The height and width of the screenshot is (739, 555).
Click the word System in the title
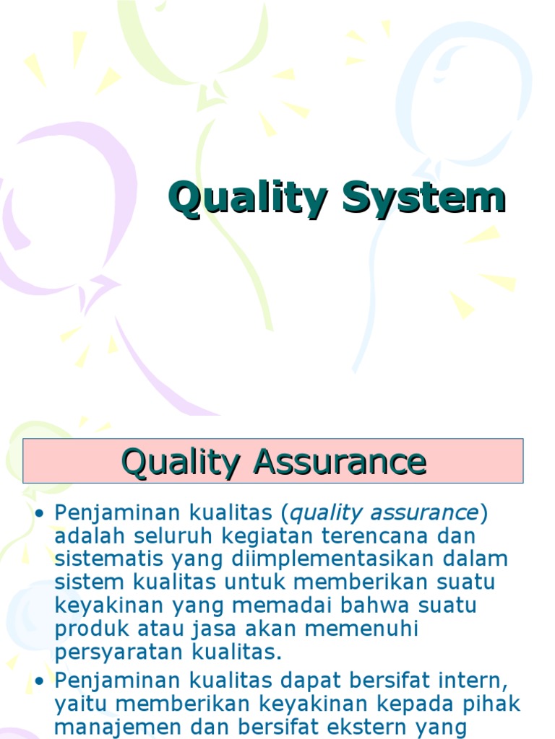[423, 199]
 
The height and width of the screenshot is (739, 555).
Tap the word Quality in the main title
[249, 199]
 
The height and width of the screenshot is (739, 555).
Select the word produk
[85, 628]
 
